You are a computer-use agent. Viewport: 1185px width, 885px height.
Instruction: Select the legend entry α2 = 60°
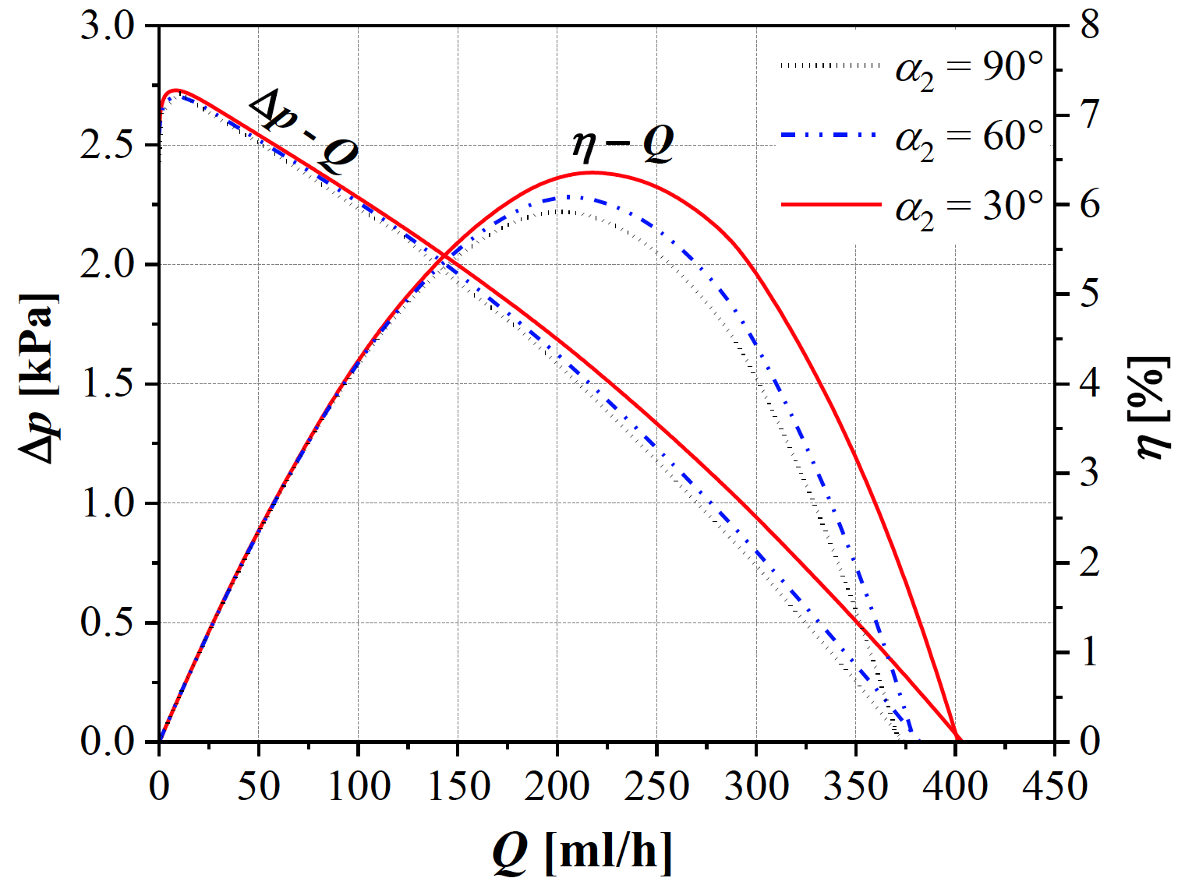coord(912,139)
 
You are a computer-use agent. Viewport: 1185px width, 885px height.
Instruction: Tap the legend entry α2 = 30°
coord(912,207)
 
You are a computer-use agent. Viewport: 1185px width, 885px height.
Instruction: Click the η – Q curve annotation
coord(623,144)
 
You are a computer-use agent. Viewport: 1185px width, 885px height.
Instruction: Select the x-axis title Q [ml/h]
coord(582,852)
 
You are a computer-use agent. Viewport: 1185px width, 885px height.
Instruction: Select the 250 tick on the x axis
coord(656,786)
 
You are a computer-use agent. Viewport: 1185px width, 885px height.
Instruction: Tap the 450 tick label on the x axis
coord(1055,786)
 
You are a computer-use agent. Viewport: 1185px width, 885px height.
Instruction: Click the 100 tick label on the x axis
coord(358,786)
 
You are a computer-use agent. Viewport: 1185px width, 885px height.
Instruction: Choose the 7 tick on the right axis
coord(1089,115)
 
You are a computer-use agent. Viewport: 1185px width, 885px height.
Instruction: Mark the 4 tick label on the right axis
coord(1089,383)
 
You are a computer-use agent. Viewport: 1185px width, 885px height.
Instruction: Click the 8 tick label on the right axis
coord(1089,26)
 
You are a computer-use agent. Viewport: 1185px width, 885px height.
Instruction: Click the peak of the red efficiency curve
coord(592,172)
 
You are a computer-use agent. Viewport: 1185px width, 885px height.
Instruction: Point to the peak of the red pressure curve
coord(176,90)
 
